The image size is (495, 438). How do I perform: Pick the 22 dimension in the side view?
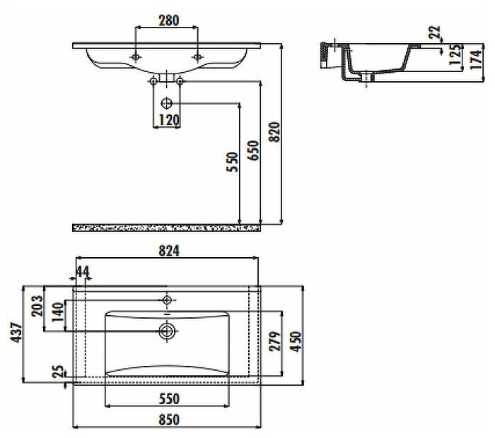[433, 32]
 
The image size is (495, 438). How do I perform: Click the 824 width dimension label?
[167, 251]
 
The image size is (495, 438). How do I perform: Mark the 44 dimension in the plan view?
[82, 271]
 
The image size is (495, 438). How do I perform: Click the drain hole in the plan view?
[168, 330]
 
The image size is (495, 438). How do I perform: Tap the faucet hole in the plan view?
[168, 301]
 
